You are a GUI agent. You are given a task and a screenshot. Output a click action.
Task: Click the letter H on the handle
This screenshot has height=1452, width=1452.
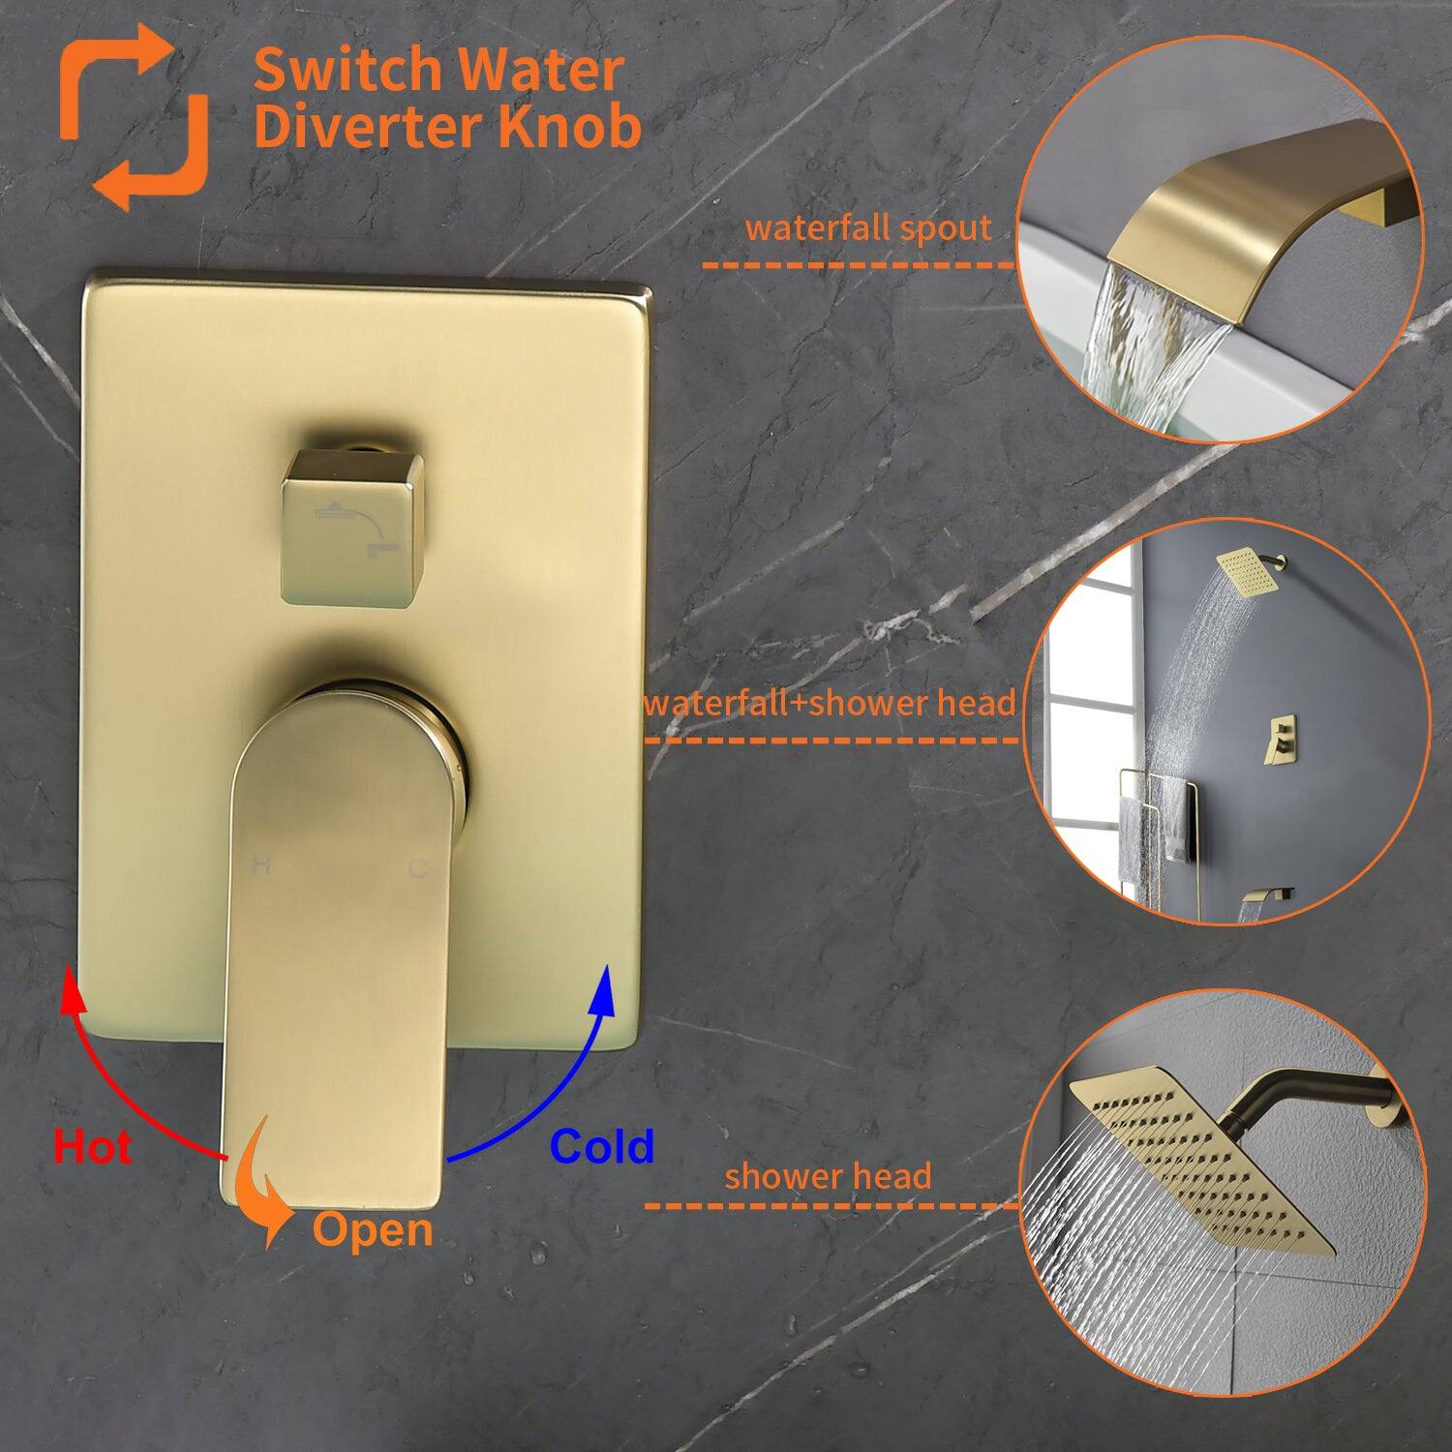click(259, 865)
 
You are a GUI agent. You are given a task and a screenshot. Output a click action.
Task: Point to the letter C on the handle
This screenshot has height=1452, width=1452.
click(417, 867)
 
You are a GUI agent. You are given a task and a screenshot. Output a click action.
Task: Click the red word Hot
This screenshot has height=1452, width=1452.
click(93, 1147)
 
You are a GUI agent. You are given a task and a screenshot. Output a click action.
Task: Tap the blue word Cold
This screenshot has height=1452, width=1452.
click(601, 1147)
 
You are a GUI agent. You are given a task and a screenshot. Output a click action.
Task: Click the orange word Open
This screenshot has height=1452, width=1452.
click(373, 1230)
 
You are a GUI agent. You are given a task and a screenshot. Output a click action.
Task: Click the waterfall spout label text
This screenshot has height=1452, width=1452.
click(868, 228)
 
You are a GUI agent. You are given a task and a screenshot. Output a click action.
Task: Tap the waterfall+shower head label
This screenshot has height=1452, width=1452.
click(830, 703)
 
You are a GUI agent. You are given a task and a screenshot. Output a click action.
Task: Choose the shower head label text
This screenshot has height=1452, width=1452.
click(828, 1176)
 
